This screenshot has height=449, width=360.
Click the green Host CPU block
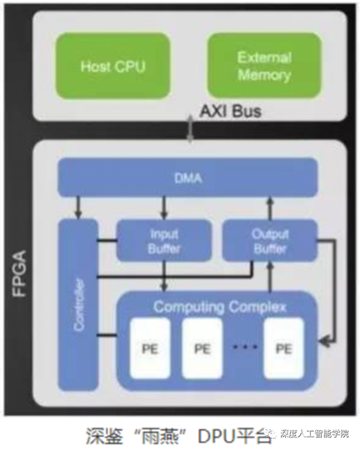[x=112, y=66]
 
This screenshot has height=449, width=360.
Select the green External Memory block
[x=264, y=66]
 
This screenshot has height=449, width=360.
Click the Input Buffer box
[x=164, y=241]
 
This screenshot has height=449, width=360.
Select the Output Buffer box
[x=270, y=241]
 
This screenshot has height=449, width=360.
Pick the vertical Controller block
[x=78, y=304]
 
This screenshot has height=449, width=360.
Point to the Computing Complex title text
[x=220, y=307]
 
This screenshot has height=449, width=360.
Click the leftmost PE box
[x=150, y=348]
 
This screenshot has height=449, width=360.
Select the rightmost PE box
[x=283, y=348]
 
